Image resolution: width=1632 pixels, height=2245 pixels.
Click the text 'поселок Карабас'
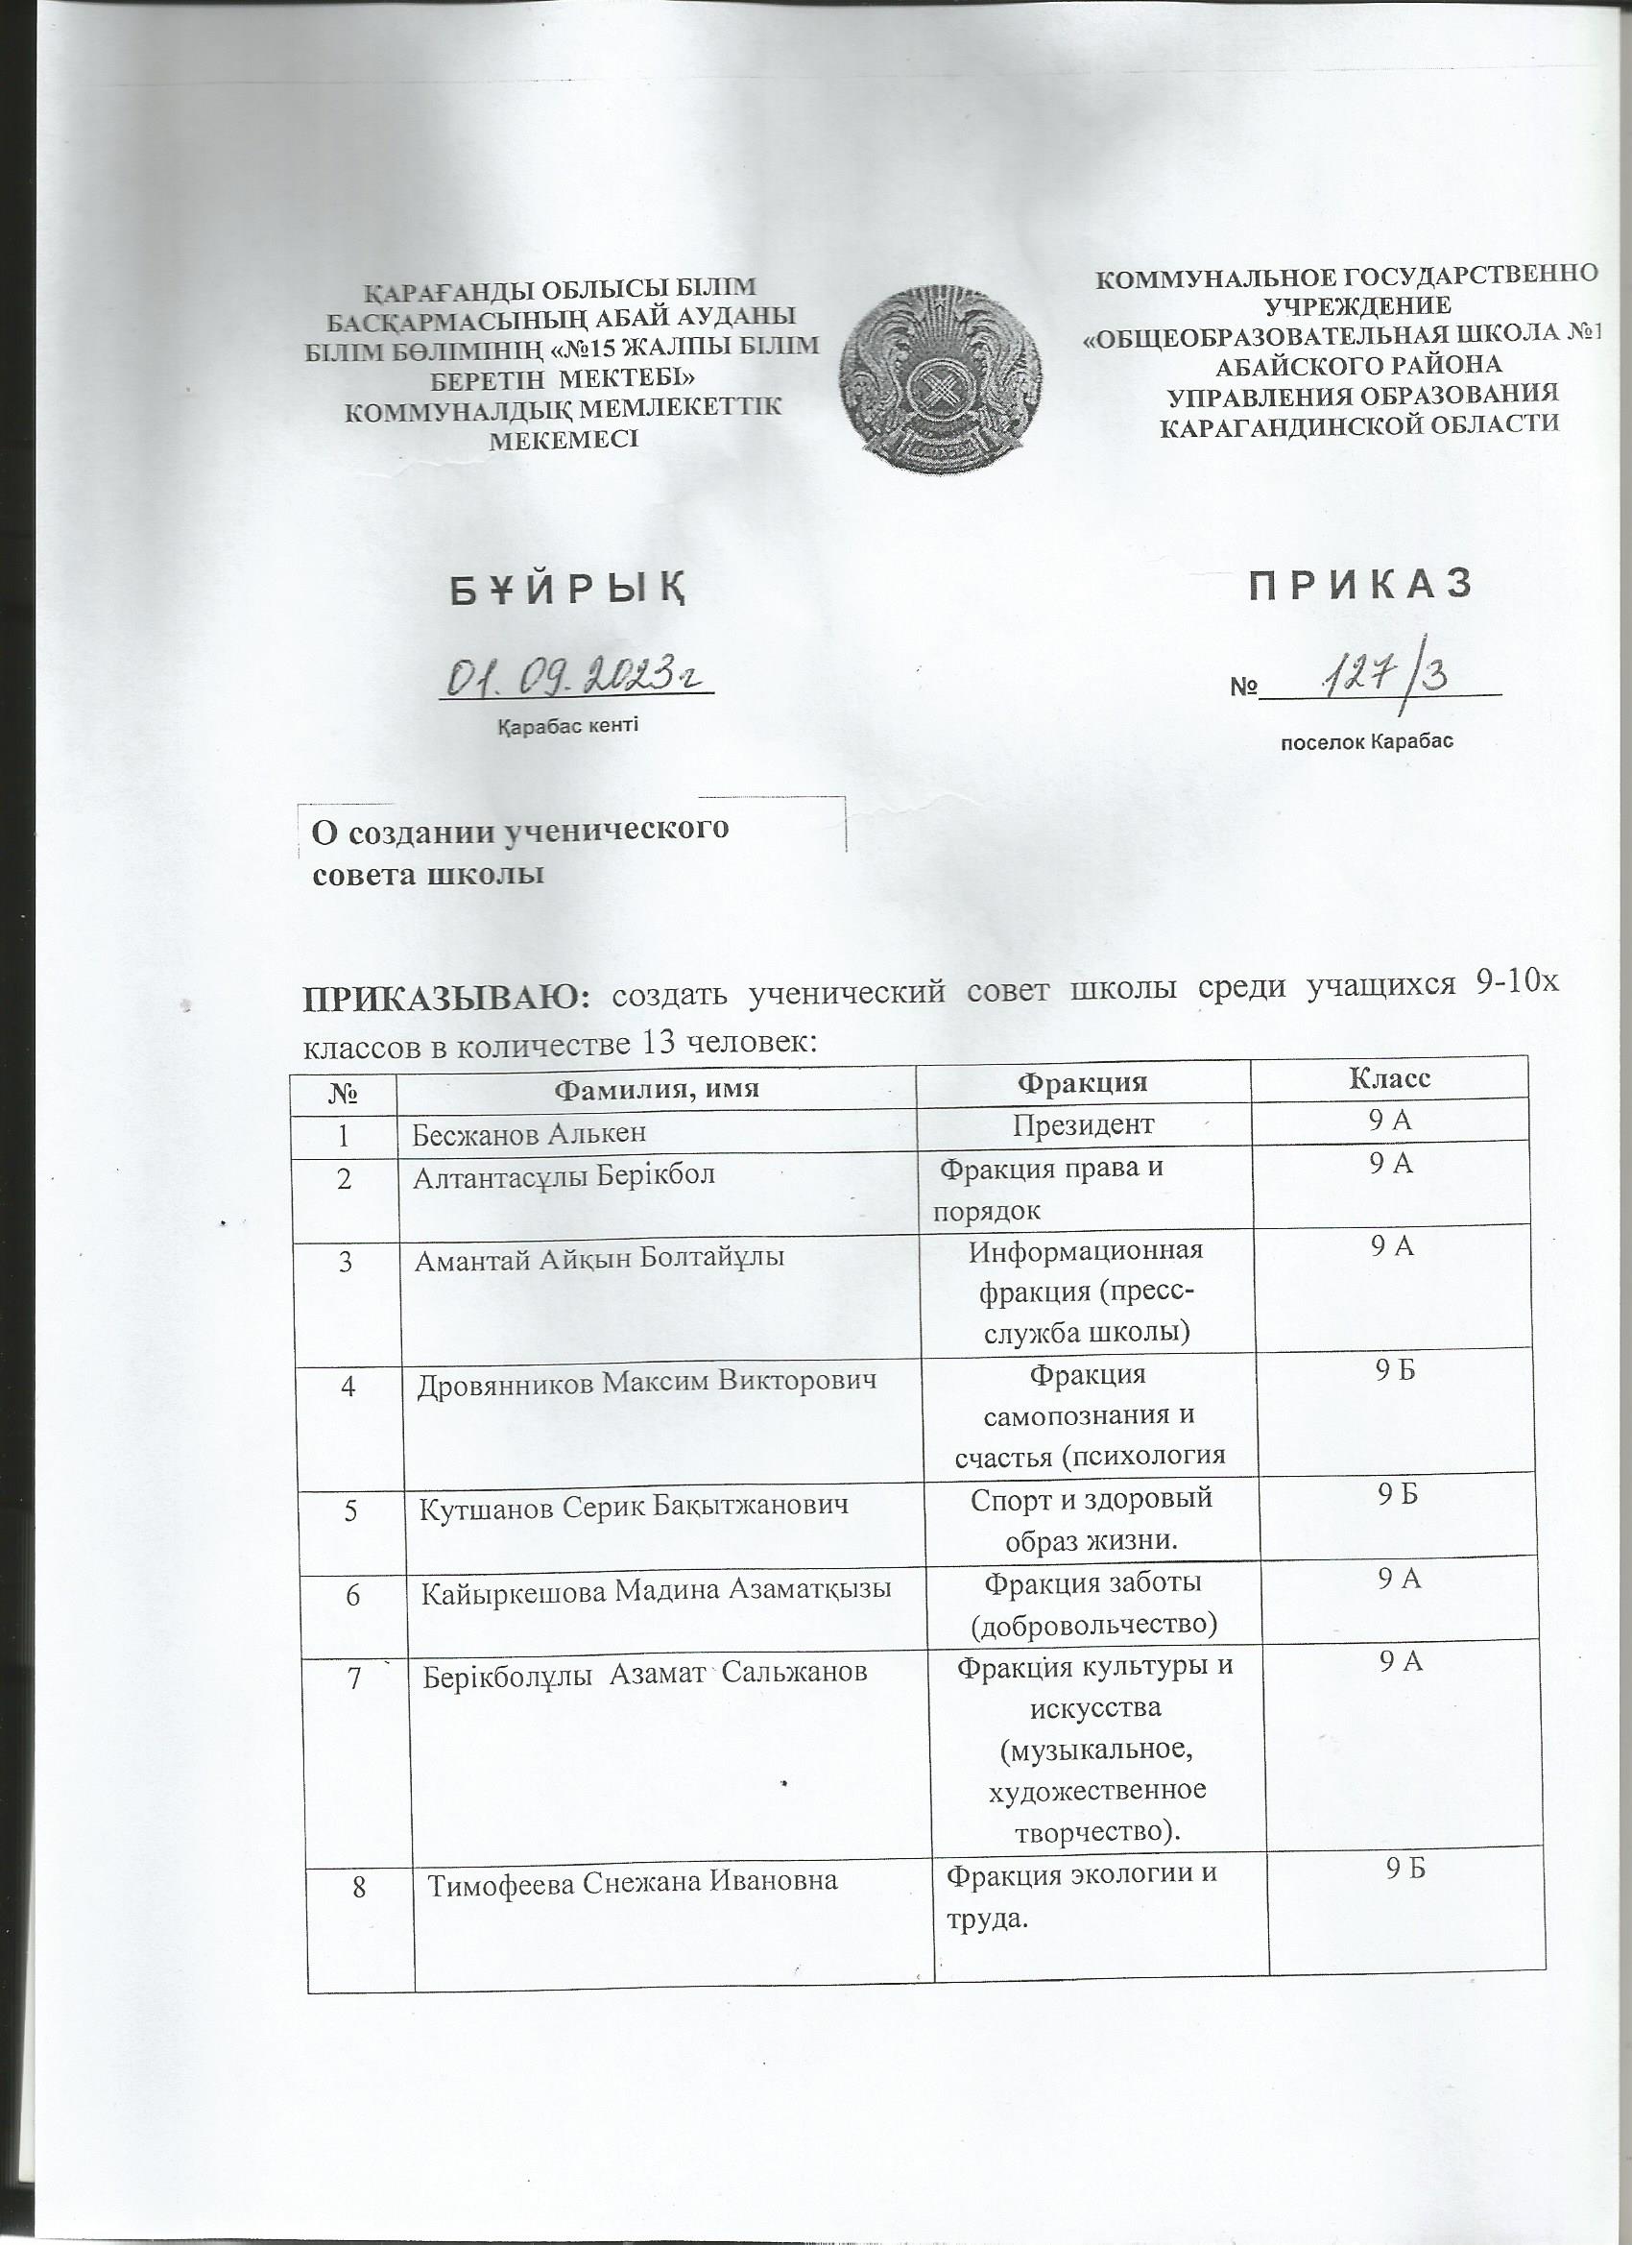pos(1367,741)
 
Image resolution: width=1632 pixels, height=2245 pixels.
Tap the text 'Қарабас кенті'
pos(566,726)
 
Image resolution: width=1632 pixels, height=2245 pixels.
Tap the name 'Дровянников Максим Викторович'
pos(647,1383)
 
